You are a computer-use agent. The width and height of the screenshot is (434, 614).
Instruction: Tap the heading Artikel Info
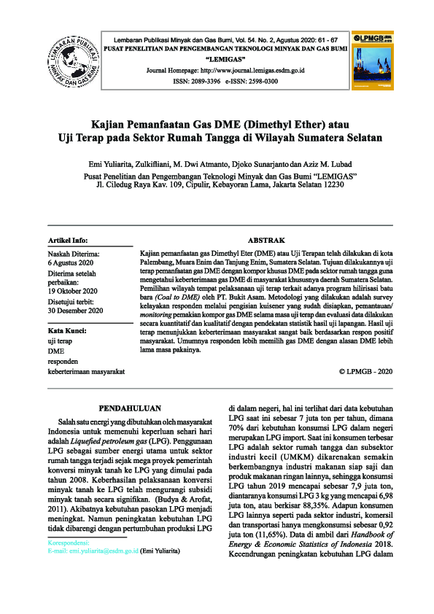(x=67, y=239)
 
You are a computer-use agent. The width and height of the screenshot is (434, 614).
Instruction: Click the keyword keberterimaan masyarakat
(x=86, y=370)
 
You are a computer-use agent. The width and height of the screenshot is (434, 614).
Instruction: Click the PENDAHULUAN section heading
(x=128, y=408)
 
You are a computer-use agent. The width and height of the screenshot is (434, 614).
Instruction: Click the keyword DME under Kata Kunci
(x=55, y=350)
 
